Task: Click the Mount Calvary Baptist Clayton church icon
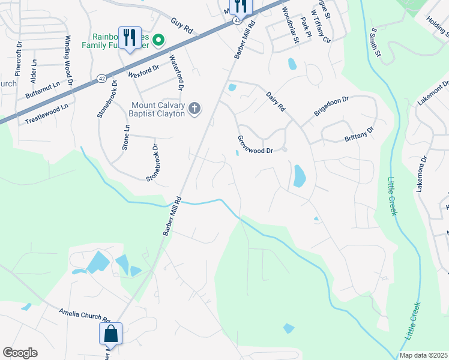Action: [x=194, y=109]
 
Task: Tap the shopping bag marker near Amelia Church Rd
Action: [x=111, y=333]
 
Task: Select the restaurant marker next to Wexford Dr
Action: [x=130, y=38]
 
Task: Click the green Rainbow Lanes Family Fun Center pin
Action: [x=158, y=41]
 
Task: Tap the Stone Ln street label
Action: [x=126, y=137]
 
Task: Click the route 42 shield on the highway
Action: [x=102, y=78]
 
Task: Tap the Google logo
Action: [x=20, y=353]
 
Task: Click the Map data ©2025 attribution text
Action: [x=423, y=355]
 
